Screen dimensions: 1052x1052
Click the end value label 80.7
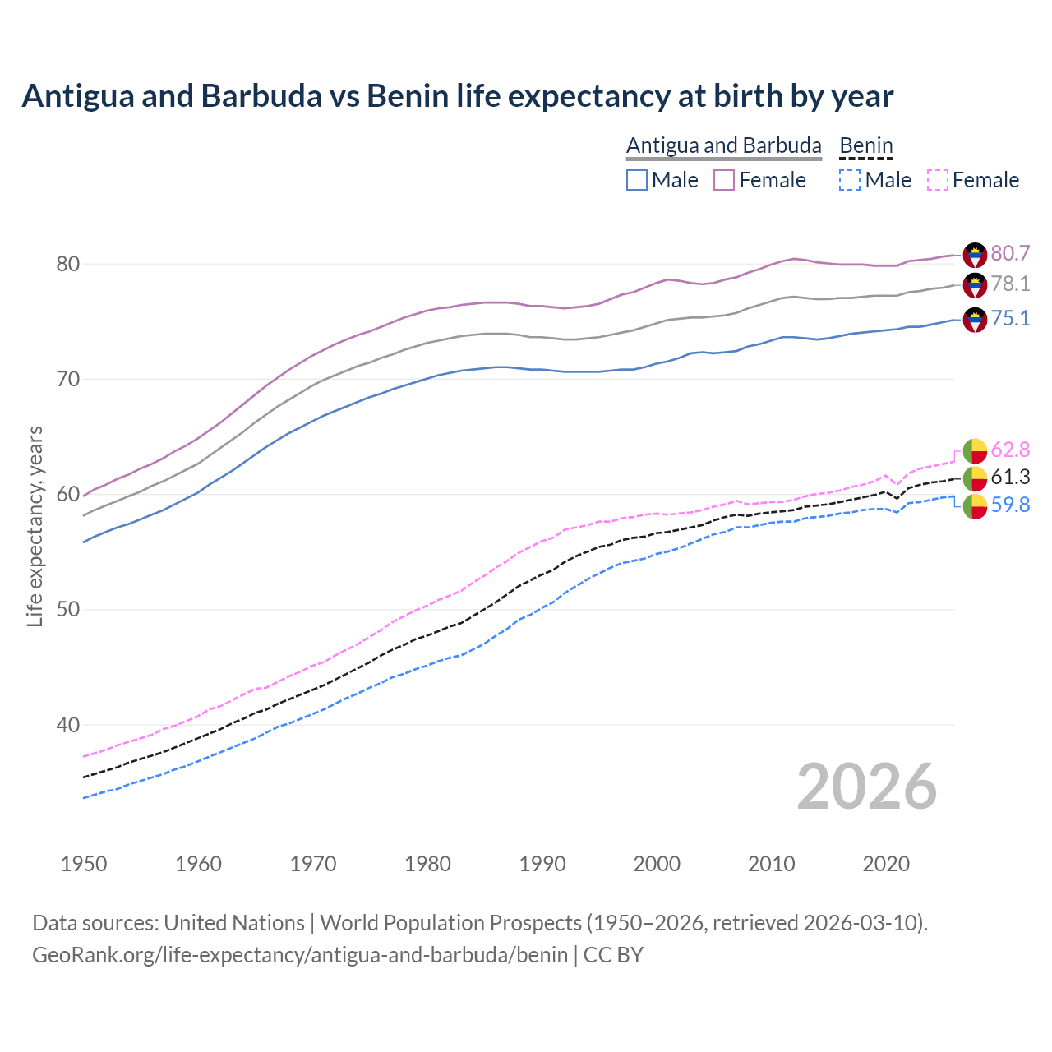1010,253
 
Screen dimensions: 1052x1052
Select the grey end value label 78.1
1010,284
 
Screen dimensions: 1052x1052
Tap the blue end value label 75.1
1010,319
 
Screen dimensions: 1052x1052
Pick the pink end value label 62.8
1010,450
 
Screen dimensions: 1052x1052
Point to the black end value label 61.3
1010,478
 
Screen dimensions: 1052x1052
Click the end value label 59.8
1010,505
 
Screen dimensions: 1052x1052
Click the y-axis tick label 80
67,265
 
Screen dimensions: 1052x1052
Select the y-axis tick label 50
67,610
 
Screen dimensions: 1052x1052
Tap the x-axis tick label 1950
84,864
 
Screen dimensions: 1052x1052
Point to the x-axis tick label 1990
542,864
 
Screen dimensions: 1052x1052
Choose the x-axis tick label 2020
886,864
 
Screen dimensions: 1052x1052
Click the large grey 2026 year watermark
867,787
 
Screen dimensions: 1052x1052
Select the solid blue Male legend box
637,180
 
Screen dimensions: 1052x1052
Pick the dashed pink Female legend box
938,180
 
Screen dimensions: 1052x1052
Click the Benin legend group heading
865,145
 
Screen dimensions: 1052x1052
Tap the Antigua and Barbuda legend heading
723,145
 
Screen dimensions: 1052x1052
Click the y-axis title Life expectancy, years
35,526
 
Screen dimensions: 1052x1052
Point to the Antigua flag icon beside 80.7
975,255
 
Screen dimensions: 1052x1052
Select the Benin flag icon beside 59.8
975,506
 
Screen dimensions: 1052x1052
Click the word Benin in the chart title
408,96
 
